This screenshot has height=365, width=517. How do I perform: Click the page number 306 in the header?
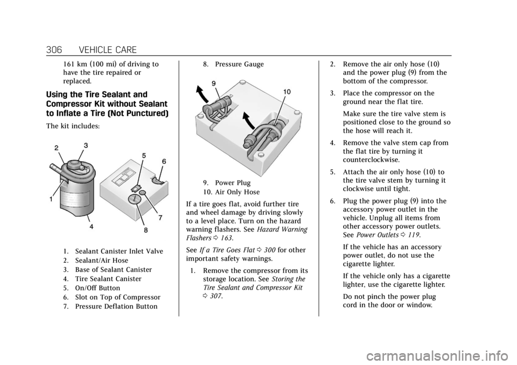click(54, 50)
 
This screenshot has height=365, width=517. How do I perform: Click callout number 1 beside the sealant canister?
click(51, 199)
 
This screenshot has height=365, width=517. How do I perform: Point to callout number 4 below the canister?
click(91, 227)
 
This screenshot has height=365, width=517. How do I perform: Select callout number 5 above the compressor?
click(144, 155)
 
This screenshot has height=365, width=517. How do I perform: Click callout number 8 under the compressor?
click(145, 230)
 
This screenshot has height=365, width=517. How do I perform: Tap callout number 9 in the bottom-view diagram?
click(214, 84)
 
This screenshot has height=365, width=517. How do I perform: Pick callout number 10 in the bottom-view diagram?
click(287, 92)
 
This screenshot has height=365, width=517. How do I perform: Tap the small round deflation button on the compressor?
click(143, 192)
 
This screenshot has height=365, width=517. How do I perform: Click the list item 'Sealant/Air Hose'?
click(102, 260)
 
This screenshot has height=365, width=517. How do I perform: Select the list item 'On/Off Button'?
click(97, 288)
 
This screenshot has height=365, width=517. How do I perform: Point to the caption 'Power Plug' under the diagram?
click(233, 182)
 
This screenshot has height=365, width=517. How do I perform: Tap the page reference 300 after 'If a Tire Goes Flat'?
click(269, 250)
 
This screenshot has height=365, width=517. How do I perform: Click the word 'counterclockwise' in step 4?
click(371, 160)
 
